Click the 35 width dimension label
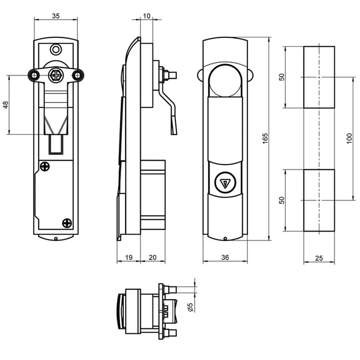coord(56,16)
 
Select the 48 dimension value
coord(5,105)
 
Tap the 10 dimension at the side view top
coord(147,16)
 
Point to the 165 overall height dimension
coord(265,139)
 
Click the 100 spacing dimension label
coord(349,139)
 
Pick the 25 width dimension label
coord(319,258)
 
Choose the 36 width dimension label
coord(225,257)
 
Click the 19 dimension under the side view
coord(129,257)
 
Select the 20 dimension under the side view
coord(153,257)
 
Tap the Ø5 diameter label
coord(190,307)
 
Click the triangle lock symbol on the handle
coord(225,183)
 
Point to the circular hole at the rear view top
coord(55,49)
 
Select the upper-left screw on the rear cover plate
coord(45,166)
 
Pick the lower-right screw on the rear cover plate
coord(67,223)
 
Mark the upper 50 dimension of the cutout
coord(282,77)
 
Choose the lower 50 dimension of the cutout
coord(282,200)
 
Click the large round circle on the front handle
coord(225,64)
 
